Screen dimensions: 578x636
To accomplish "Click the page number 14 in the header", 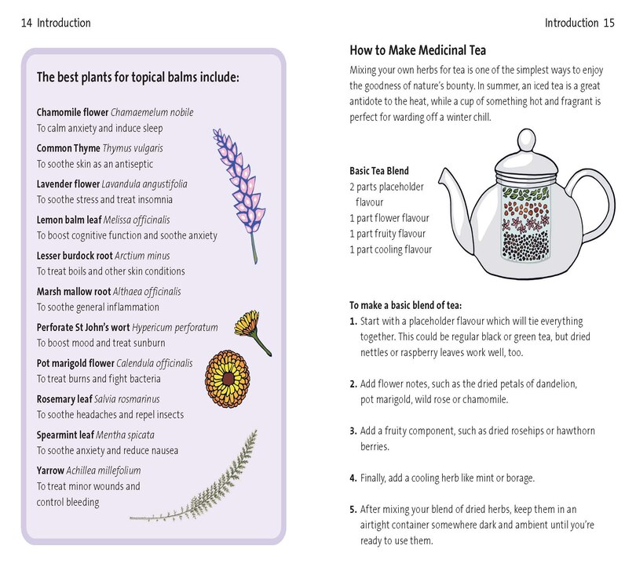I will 26,23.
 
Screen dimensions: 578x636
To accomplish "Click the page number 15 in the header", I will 609,23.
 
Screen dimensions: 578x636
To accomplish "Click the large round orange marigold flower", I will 228,376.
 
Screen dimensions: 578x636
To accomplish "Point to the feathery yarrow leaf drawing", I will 204,478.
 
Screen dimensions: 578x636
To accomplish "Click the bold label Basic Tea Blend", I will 379,171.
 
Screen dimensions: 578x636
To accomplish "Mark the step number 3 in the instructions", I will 353,431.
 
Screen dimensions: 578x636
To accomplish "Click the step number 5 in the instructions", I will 353,509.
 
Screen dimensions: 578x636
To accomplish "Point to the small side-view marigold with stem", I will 253,329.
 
